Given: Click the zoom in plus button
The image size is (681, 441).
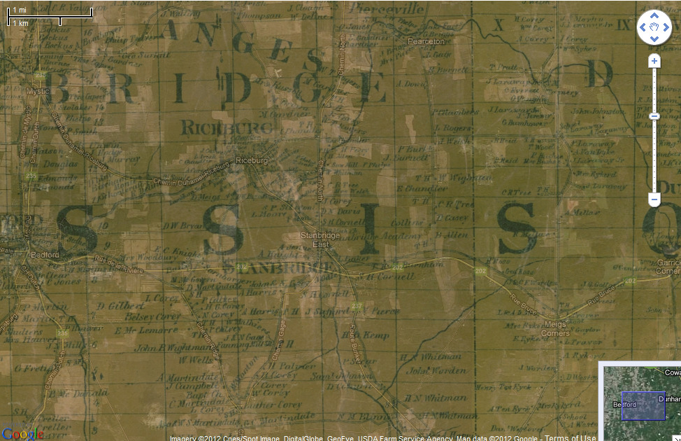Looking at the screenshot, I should click(654, 62).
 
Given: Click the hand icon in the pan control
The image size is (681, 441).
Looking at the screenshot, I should click(654, 28).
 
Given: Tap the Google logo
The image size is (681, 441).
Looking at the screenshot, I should click(22, 433).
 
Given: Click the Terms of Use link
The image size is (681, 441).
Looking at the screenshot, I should click(570, 438).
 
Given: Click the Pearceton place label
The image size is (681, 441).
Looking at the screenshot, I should click(426, 41).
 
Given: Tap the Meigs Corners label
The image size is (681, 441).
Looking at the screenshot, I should click(555, 329).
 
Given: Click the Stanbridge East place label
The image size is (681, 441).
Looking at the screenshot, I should click(314, 239).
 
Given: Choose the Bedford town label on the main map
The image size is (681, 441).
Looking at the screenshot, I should click(45, 254).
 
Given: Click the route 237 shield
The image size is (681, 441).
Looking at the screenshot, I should click(357, 306).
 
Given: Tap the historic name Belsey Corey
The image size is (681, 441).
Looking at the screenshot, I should click(152, 317).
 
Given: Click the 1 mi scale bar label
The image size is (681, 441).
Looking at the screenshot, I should click(19, 10).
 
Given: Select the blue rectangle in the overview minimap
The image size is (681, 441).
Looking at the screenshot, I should click(643, 406).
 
